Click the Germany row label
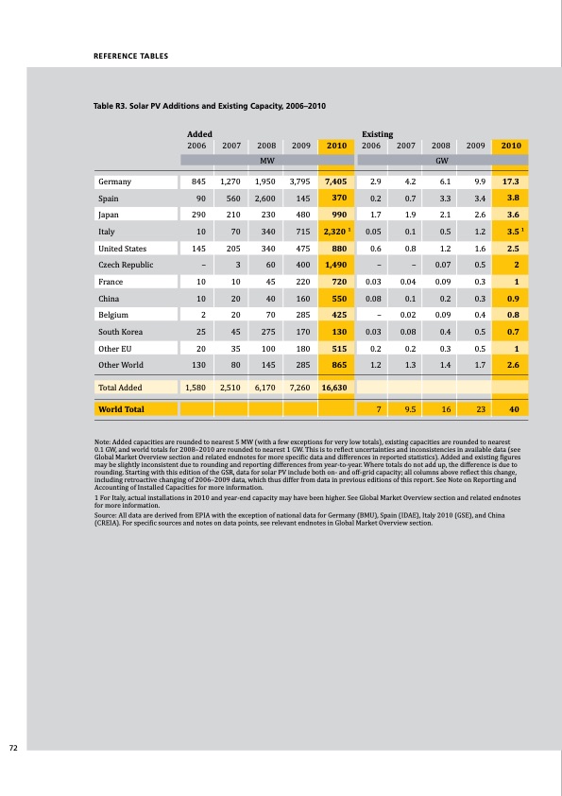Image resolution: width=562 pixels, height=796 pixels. pyautogui.click(x=115, y=181)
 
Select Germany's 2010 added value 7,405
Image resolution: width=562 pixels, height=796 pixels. pyautogui.click(x=335, y=181)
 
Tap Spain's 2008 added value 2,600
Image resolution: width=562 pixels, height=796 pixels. pyautogui.click(x=264, y=199)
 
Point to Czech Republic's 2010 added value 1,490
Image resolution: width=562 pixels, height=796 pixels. pyautogui.click(x=335, y=266)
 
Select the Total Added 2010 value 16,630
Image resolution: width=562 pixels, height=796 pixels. pyautogui.click(x=333, y=387)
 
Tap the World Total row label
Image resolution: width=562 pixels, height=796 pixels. pyautogui.click(x=121, y=410)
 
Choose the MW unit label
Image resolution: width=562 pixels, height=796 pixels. pyautogui.click(x=267, y=161)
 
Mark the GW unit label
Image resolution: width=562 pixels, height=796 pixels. pyautogui.click(x=441, y=161)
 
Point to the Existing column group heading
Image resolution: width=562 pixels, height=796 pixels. pyautogui.click(x=378, y=135)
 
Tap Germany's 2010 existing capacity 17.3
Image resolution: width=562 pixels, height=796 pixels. pyautogui.click(x=513, y=181)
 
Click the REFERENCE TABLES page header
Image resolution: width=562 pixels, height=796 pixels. pyautogui.click(x=129, y=56)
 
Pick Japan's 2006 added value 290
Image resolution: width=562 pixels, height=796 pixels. pyautogui.click(x=197, y=215)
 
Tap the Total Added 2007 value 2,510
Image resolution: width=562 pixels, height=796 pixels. pyautogui.click(x=230, y=387)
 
